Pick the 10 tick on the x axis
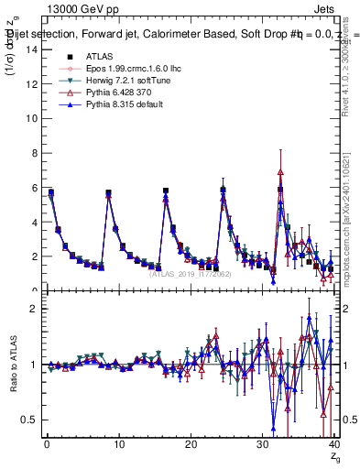click(x=118, y=444)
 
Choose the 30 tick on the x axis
click(x=262, y=444)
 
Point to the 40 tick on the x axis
click(x=333, y=444)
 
